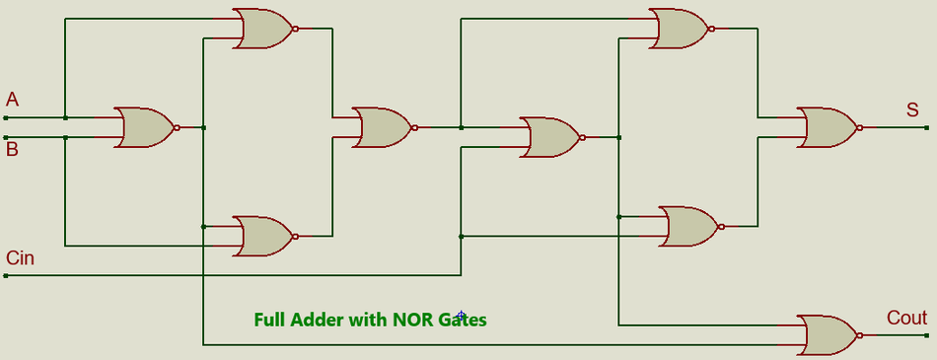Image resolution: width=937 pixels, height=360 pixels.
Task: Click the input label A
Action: [12, 99]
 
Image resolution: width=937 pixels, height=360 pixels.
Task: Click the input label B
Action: [12, 150]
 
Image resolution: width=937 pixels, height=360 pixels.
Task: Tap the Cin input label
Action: [20, 258]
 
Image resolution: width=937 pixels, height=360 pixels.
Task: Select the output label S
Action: [912, 109]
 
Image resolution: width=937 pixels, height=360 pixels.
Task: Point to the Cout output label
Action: [906, 318]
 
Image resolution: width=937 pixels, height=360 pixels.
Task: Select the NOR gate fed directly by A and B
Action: [144, 127]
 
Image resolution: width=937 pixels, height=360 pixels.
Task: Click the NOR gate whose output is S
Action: [827, 127]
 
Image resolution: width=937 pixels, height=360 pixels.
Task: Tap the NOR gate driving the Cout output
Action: [827, 335]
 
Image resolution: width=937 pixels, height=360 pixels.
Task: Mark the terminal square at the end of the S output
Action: [926, 127]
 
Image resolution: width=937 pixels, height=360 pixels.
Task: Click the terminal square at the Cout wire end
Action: [926, 335]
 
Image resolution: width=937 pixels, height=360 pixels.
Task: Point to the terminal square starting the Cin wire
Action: [6, 276]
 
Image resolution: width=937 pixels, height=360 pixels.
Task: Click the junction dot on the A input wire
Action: [65, 117]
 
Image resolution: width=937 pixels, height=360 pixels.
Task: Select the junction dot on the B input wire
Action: [65, 138]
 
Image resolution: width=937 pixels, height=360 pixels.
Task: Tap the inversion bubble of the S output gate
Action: [860, 127]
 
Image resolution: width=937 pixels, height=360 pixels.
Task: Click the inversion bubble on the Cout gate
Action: [860, 335]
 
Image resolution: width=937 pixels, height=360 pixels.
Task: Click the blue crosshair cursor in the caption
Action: [461, 316]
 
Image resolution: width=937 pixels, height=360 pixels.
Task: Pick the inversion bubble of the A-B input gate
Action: [177, 127]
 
